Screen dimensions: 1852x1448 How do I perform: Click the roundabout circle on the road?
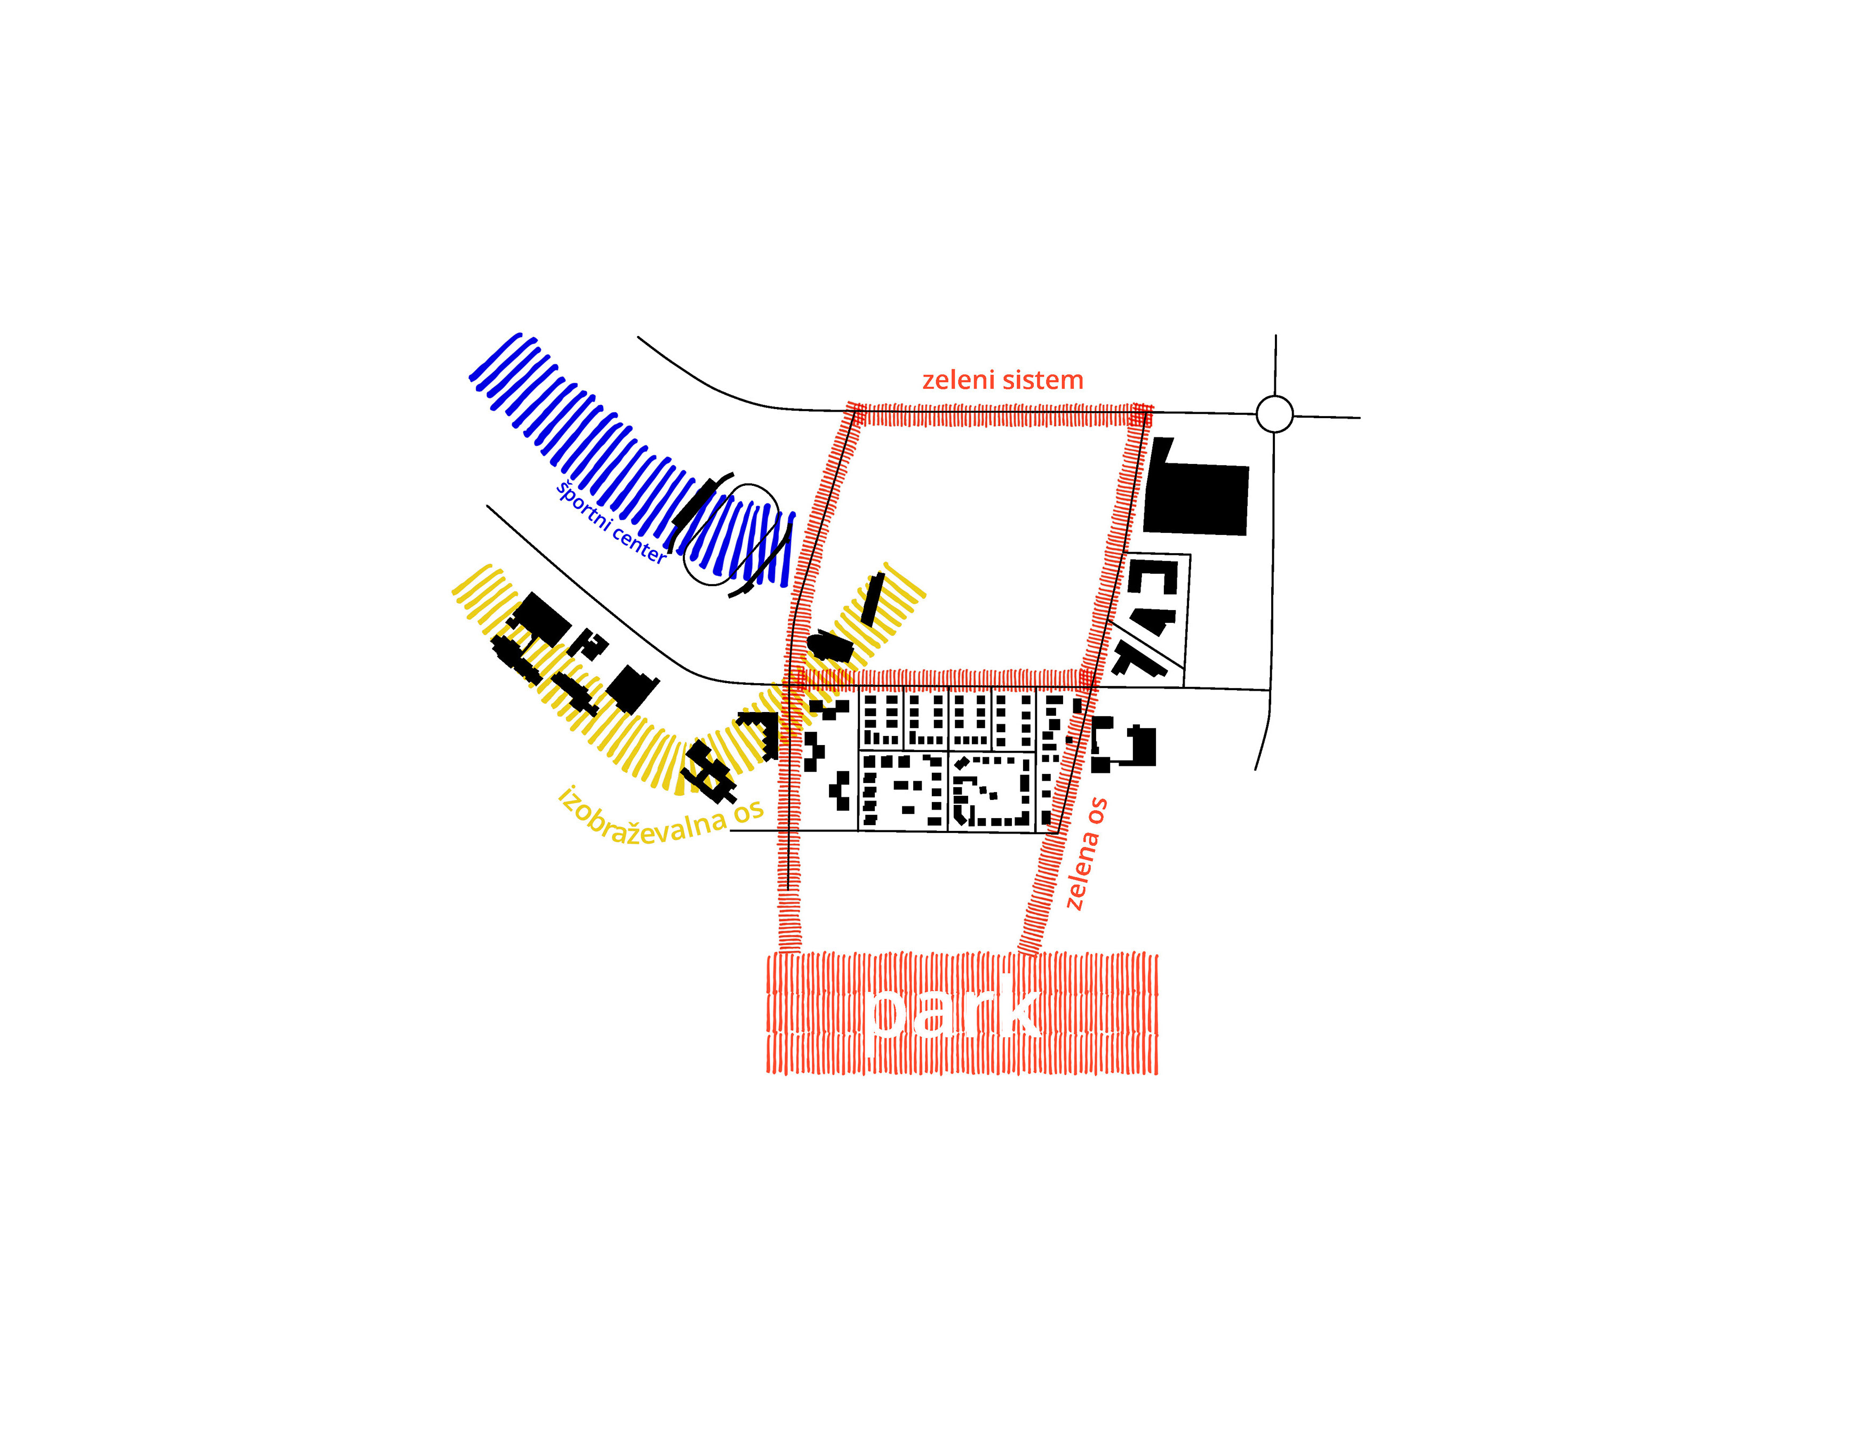pyautogui.click(x=1274, y=414)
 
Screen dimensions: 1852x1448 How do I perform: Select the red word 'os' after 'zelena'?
pyautogui.click(x=1097, y=811)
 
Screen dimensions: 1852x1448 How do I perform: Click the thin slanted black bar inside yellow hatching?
pyautogui.click(x=872, y=598)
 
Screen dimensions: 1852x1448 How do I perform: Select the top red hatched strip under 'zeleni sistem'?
pyautogui.click(x=1001, y=415)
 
